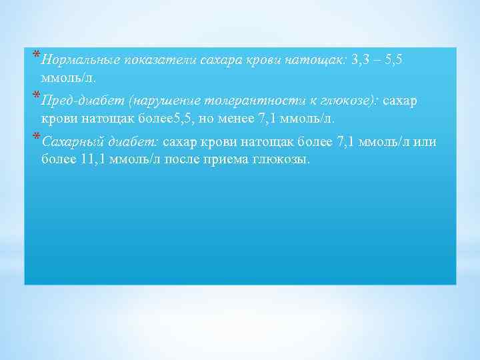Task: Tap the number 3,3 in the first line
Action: [361, 60]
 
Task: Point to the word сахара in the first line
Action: [224, 60]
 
